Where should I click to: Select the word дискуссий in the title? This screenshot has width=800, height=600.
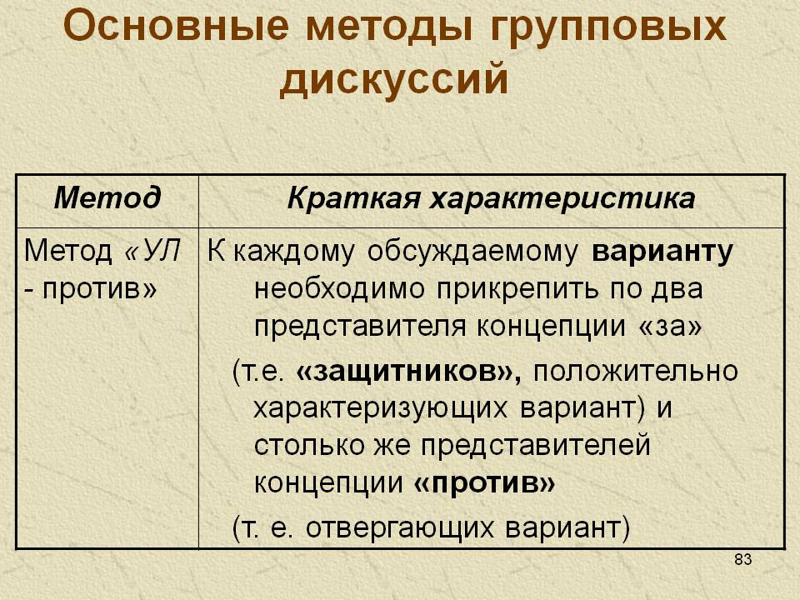click(394, 80)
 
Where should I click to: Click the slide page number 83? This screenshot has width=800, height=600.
click(742, 559)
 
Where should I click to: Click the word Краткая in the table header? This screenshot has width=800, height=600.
click(354, 198)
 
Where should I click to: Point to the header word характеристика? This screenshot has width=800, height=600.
click(562, 199)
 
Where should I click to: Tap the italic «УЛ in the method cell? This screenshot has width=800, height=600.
click(152, 251)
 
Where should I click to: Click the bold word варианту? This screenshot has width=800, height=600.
click(662, 252)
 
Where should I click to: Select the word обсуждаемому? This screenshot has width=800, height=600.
click(473, 252)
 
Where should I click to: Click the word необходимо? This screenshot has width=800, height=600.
click(339, 289)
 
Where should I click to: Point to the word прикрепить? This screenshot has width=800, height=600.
click(519, 290)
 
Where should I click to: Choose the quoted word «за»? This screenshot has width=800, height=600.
click(670, 327)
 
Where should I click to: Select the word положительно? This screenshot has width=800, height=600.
click(635, 372)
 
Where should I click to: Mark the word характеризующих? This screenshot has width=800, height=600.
click(381, 409)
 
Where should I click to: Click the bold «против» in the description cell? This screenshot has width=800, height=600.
click(483, 482)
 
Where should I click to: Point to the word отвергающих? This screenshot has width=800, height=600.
click(400, 528)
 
